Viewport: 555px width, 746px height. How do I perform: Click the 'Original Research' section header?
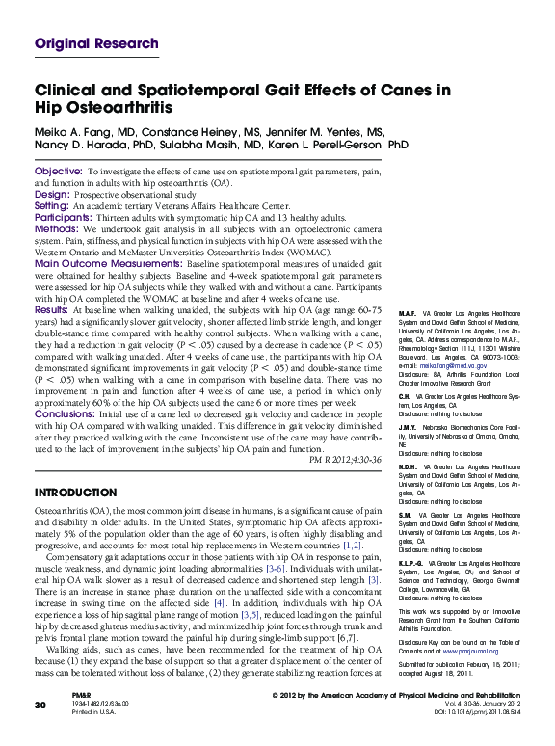click(96, 43)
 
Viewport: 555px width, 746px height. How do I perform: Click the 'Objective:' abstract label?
click(58, 170)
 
